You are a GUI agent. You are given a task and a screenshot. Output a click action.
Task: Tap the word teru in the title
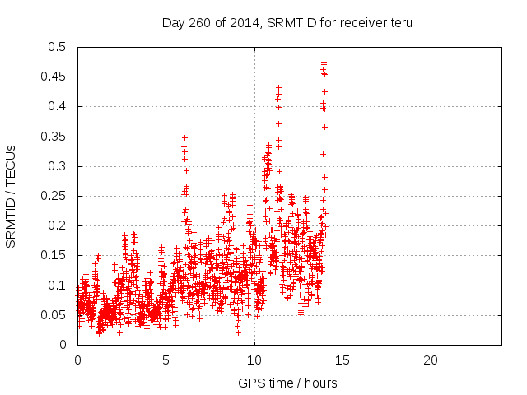(x=399, y=22)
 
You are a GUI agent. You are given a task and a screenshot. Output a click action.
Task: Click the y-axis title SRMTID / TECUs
(x=11, y=196)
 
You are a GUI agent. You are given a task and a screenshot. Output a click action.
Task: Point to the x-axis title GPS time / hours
(x=287, y=383)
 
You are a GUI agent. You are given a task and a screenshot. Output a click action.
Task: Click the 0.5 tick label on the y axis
(x=58, y=47)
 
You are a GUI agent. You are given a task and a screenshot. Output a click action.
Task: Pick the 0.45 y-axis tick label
(x=54, y=77)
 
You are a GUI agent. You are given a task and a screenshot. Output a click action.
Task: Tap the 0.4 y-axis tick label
(x=58, y=106)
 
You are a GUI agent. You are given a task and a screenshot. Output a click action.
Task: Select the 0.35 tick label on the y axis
(x=54, y=136)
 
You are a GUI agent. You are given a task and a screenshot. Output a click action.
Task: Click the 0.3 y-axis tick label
(x=58, y=166)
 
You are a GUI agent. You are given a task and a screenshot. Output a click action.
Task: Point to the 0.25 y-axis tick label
(x=54, y=196)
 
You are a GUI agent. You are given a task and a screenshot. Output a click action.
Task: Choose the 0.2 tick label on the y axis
(x=58, y=225)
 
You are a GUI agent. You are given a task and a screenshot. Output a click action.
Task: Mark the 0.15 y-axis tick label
(x=54, y=255)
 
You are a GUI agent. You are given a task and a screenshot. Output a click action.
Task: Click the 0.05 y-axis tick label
(x=54, y=315)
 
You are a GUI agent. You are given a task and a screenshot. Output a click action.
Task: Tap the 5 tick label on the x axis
(x=166, y=360)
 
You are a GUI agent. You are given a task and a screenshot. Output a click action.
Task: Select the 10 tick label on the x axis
(x=254, y=360)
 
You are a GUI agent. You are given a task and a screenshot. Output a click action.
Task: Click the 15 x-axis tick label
(x=343, y=360)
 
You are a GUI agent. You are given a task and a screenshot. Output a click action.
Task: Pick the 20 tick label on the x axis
(x=431, y=360)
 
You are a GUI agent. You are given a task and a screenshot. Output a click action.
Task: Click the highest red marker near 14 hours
(x=324, y=62)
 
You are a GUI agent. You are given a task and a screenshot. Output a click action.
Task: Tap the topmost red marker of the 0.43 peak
(x=278, y=87)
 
